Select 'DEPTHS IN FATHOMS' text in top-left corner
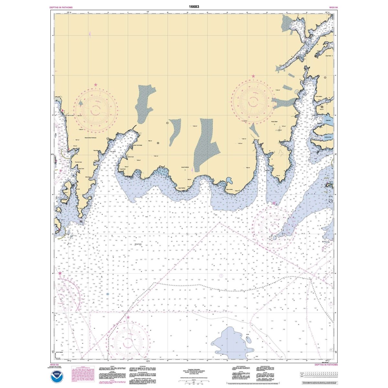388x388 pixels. pos(61,7)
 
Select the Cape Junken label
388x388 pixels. pos(229,190)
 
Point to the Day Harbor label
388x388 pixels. pos(113,152)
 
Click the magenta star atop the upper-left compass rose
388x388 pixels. pos(96,85)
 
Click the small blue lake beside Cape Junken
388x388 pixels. pos(229,180)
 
